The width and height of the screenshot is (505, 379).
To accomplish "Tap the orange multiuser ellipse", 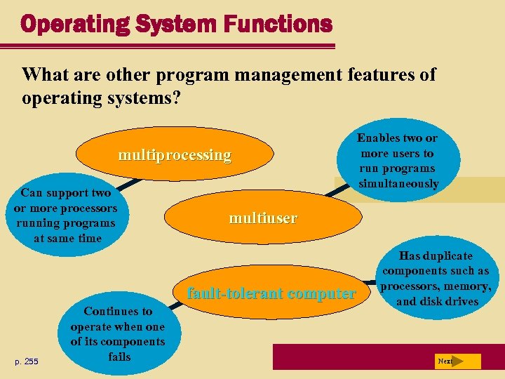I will click(x=262, y=218).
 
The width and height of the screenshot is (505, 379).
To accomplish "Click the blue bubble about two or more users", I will click(x=397, y=161).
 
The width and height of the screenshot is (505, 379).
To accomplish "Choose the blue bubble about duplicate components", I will click(x=435, y=279).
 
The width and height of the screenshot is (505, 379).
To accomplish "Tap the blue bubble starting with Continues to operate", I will click(x=118, y=333).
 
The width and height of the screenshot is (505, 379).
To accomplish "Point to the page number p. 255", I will click(x=27, y=361).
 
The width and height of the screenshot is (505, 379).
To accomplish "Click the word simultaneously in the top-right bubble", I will click(x=398, y=184).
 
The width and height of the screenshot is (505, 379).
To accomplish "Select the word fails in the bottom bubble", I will click(x=120, y=357).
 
